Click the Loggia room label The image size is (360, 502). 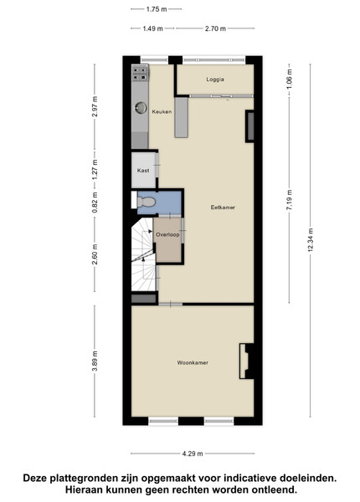point(215,79)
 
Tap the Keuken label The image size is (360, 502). point(162,112)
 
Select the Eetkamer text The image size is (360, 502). point(223,207)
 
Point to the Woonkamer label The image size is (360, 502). point(193,363)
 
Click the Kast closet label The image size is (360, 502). point(143,171)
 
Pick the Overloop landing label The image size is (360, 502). point(167,234)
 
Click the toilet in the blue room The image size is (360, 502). point(146,202)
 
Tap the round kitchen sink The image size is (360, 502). point(141,108)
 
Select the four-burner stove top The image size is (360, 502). point(140,73)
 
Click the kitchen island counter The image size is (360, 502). point(182,117)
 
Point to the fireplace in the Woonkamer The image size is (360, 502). point(247,361)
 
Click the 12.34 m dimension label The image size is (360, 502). point(310,240)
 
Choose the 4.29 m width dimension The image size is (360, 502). point(193,453)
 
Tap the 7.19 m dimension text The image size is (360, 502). point(290,200)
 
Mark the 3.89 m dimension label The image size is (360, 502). point(95,361)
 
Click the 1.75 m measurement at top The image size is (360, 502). point(157,9)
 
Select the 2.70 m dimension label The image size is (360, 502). point(215,28)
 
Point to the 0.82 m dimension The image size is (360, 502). point(95,202)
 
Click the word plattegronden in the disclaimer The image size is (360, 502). point(87,479)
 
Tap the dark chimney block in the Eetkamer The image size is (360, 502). point(249,126)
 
